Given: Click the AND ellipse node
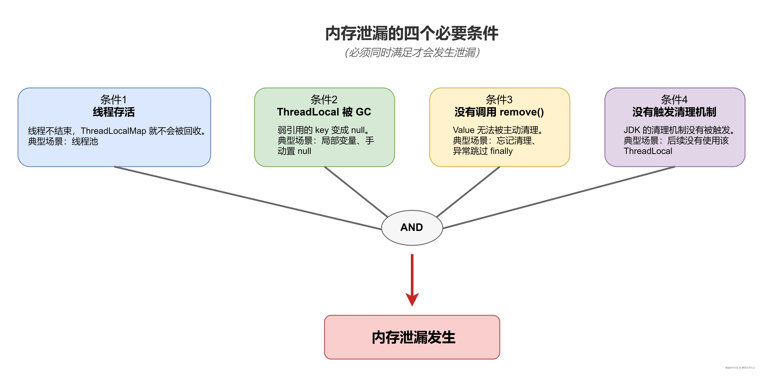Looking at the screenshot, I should tap(412, 227).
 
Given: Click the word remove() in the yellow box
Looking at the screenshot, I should tap(522, 112).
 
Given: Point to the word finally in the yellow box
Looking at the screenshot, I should tap(501, 151).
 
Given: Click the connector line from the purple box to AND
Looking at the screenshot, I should tap(559, 198).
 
